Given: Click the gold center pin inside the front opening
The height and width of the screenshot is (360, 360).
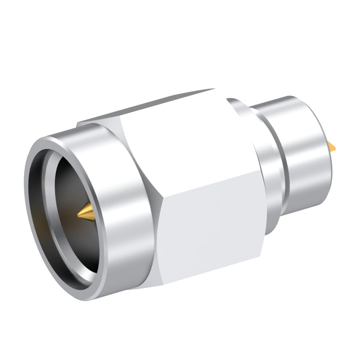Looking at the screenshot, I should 85,213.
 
